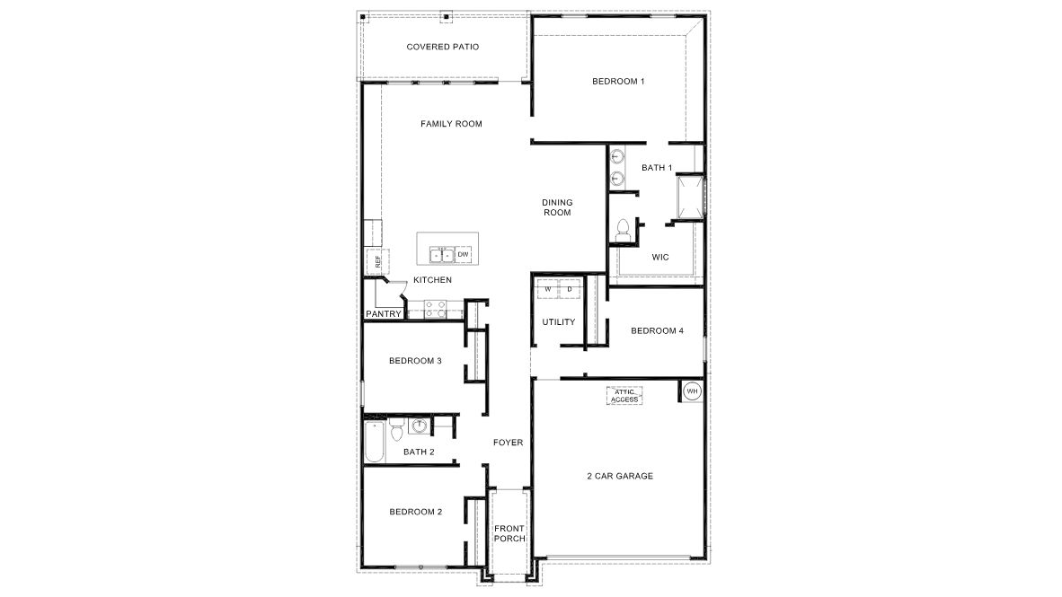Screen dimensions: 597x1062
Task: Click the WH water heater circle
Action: [x=692, y=391]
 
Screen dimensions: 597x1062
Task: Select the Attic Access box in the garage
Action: [x=625, y=396]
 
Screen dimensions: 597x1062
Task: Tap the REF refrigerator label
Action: [x=378, y=262]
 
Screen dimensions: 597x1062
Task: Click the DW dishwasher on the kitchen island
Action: [x=464, y=255]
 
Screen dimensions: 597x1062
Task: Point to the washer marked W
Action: [x=547, y=289]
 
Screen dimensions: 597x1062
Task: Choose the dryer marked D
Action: [x=570, y=289]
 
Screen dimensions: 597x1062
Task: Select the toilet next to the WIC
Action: [x=621, y=232]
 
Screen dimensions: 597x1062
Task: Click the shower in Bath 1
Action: [x=690, y=196]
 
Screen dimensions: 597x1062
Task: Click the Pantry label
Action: [x=383, y=313]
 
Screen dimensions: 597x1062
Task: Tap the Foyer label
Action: [x=508, y=443]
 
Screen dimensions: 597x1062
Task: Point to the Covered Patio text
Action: [x=441, y=47]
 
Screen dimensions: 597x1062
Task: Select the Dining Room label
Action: [x=557, y=207]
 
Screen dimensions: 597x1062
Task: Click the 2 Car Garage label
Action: [x=620, y=476]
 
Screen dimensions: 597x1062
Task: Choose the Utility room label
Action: [x=558, y=322]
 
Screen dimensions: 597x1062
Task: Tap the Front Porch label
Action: [x=509, y=532]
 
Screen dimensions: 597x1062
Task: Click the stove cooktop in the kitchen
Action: [x=435, y=307]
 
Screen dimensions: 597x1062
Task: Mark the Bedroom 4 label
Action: [x=657, y=330]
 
